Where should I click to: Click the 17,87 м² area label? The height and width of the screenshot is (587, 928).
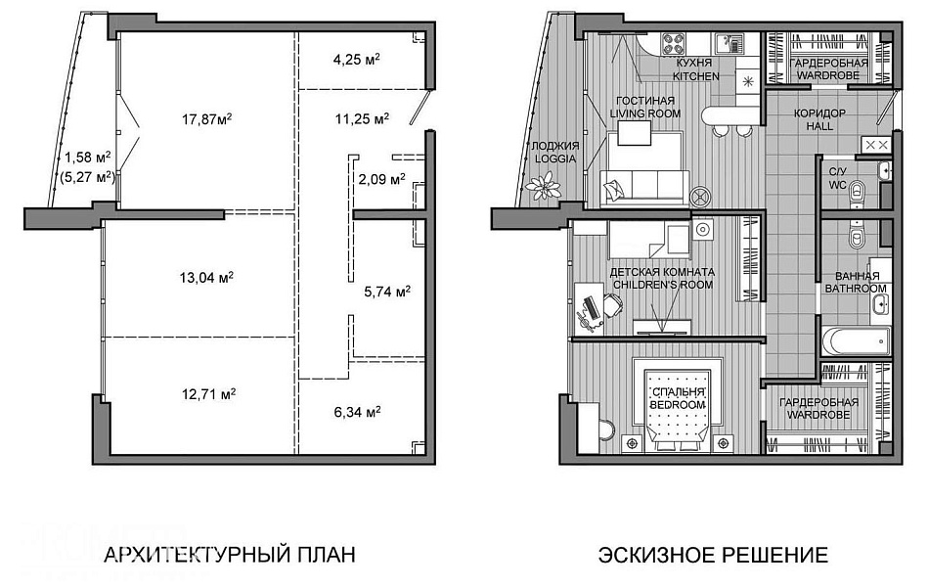[206, 119]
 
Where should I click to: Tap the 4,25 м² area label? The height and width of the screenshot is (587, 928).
[356, 60]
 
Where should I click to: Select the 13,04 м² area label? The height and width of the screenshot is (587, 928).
[206, 277]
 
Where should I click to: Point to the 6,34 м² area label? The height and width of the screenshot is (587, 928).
[358, 411]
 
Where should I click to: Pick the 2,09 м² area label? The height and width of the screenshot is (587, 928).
[381, 178]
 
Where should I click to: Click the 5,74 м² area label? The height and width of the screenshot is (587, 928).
[387, 292]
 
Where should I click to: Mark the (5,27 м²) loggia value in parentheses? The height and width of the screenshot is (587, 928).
[88, 176]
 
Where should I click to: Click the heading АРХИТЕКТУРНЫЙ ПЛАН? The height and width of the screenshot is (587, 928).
[230, 555]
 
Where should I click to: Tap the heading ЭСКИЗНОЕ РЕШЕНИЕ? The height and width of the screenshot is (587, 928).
[713, 555]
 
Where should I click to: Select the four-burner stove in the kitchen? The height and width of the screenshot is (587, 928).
[674, 43]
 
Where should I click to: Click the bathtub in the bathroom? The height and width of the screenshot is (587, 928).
[857, 341]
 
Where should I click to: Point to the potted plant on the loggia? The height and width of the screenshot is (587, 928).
[544, 187]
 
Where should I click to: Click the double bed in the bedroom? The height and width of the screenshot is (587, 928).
[679, 404]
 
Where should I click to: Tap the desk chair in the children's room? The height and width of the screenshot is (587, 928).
[611, 306]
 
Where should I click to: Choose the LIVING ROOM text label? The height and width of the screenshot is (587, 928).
[645, 113]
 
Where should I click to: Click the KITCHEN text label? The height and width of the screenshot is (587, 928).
[696, 75]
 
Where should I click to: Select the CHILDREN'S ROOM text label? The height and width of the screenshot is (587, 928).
[663, 285]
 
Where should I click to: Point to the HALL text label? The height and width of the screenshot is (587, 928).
[819, 126]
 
